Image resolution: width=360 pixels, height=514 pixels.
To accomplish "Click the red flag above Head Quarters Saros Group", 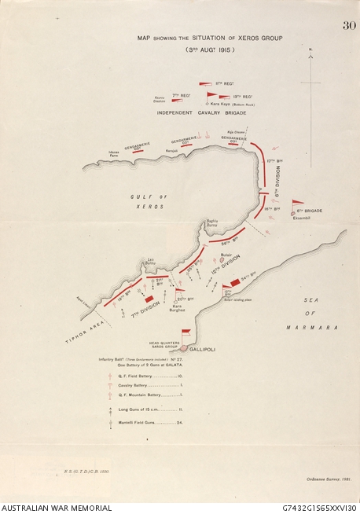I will point(186,332).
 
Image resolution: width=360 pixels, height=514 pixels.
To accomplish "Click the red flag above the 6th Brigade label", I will point(297,203).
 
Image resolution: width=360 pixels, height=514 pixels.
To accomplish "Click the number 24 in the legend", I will point(180,422).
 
